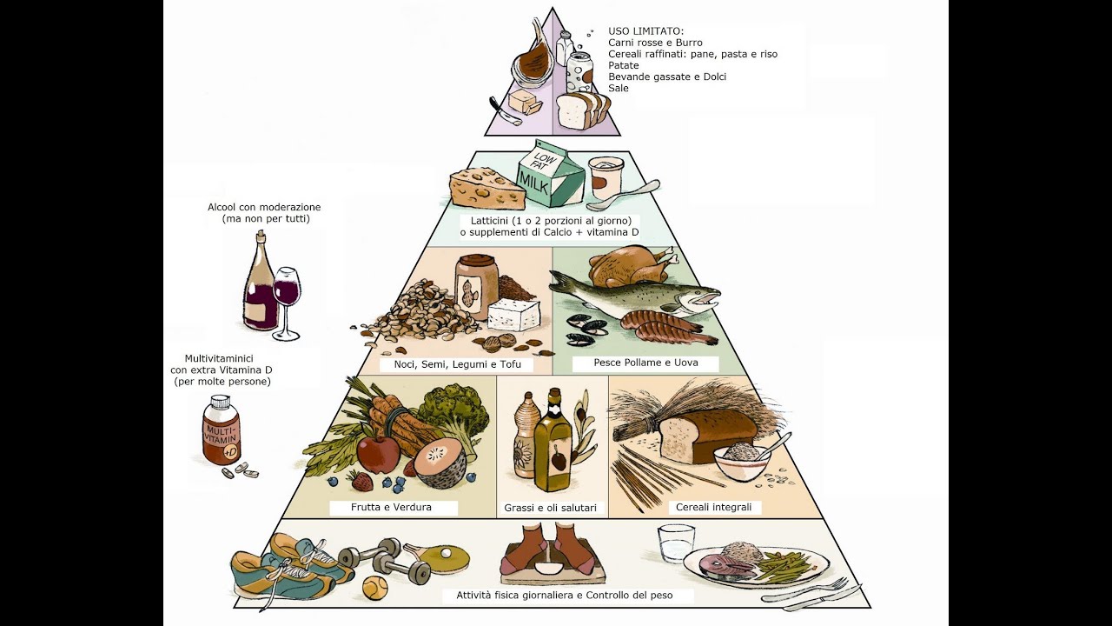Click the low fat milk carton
550,176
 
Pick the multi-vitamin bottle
221,430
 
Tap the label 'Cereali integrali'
713,507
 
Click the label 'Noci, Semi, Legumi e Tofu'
457,364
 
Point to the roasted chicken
631,266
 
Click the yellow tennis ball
374,589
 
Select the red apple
378,453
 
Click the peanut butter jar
476,287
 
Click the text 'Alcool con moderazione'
264,208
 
